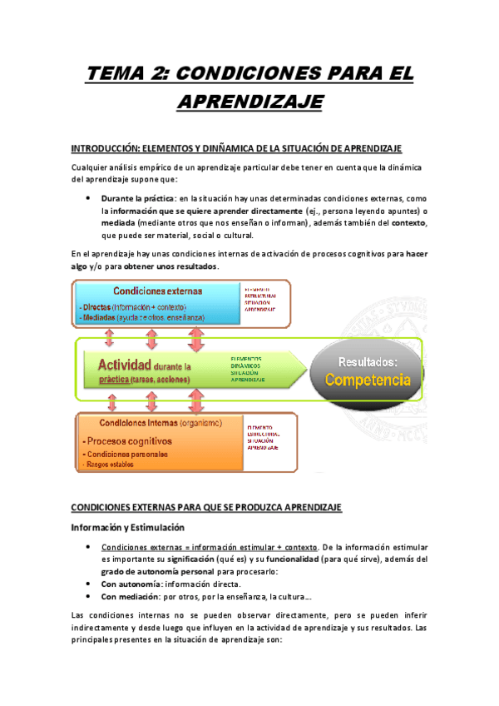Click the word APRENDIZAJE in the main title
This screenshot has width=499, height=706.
tap(249, 102)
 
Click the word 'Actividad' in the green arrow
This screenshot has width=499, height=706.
tap(124, 365)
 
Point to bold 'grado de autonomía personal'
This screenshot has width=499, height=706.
tap(160, 571)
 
